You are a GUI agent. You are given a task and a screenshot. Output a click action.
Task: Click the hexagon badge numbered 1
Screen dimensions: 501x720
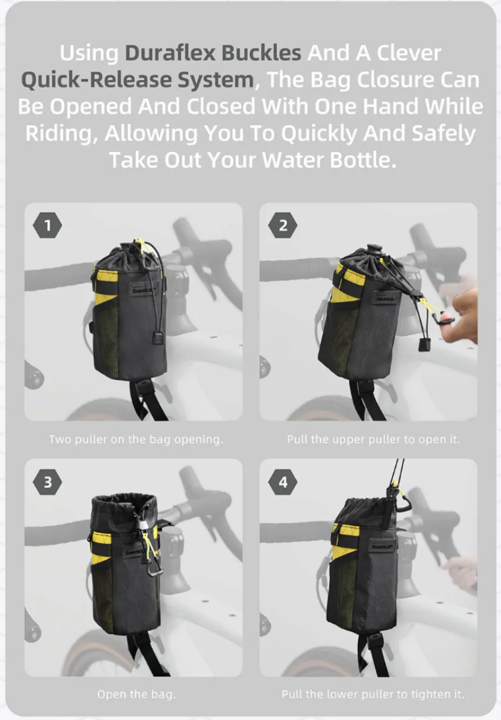[x=48, y=225]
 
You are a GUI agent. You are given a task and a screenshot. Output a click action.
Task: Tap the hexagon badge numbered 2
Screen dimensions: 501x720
[x=283, y=225]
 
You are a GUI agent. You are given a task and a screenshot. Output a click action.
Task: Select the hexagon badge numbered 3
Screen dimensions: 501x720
[x=48, y=482]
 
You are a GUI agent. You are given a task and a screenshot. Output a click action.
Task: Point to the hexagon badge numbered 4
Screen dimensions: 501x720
[x=283, y=482]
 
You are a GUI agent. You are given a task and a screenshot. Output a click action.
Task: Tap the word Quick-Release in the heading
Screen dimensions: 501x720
[x=97, y=80]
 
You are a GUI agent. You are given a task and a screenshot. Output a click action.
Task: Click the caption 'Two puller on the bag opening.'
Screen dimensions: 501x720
[x=136, y=439]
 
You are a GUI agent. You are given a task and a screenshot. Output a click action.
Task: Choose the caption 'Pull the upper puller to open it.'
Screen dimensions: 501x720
[x=373, y=439]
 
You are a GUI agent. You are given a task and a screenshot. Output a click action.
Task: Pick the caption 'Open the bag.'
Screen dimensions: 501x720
[x=137, y=694]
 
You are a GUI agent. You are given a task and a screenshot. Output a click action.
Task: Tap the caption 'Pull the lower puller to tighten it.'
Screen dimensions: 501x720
[x=372, y=694]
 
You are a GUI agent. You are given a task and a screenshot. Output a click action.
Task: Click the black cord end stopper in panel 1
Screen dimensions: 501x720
[x=159, y=339]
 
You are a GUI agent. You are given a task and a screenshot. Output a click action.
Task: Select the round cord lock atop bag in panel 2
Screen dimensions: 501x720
[x=374, y=249]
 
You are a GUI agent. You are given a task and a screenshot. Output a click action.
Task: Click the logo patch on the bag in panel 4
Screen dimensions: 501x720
[x=382, y=546]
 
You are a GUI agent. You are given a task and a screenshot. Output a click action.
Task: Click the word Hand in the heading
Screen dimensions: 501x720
[x=390, y=107]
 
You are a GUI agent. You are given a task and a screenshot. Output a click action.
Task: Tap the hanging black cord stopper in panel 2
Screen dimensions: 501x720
[x=424, y=345]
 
